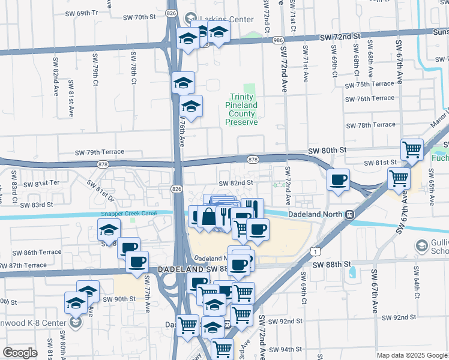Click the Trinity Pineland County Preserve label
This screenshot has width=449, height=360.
pos(241,109)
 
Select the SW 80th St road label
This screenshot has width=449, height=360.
pos(328,151)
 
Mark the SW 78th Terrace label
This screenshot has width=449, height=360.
pos(371,125)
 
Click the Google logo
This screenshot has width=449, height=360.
pos(20,352)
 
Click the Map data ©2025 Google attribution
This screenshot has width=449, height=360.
pos(411,355)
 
